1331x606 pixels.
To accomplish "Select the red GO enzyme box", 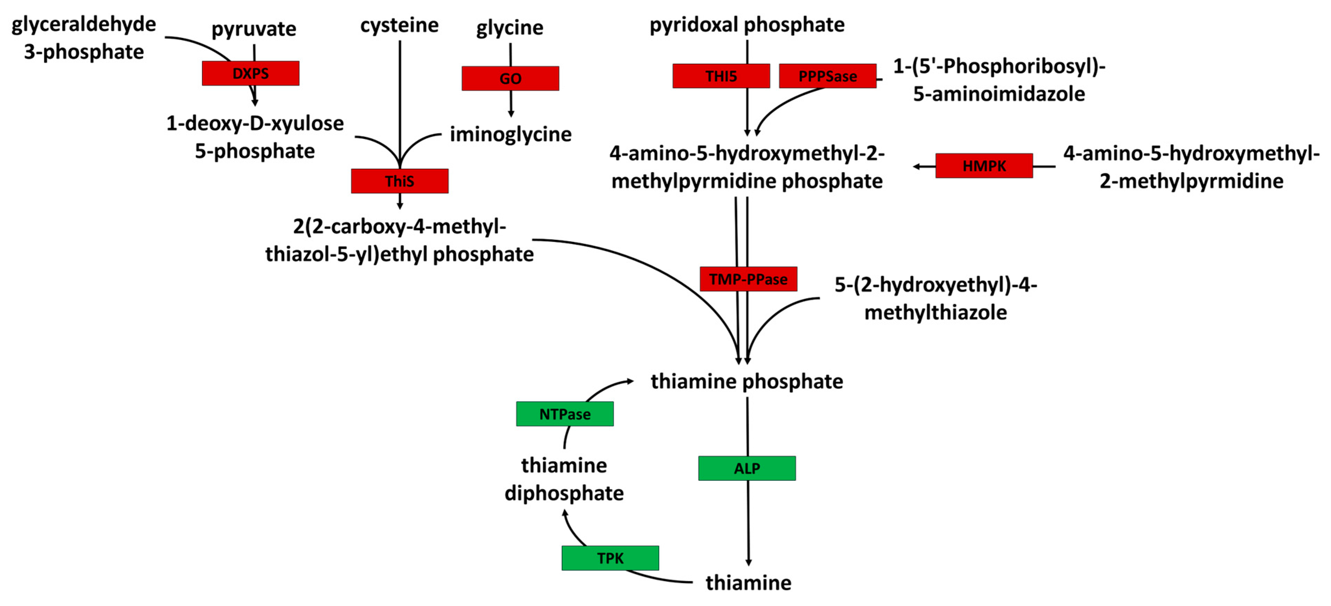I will click(510, 79).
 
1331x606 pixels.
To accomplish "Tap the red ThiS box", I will click(399, 181).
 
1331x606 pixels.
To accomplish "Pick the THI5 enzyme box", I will click(721, 76).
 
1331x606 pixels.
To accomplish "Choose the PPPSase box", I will click(827, 76).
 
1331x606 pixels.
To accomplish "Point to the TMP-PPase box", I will click(748, 279).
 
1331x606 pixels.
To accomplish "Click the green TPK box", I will click(610, 558).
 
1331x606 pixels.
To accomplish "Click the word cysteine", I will click(399, 25).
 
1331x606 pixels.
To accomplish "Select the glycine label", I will click(510, 27).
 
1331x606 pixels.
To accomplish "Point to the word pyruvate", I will click(254, 29).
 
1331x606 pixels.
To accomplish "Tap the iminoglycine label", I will click(511, 134).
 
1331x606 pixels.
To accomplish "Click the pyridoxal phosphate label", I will click(747, 25).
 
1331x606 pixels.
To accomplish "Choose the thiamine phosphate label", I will click(747, 381).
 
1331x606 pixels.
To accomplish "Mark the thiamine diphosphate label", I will click(564, 479).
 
